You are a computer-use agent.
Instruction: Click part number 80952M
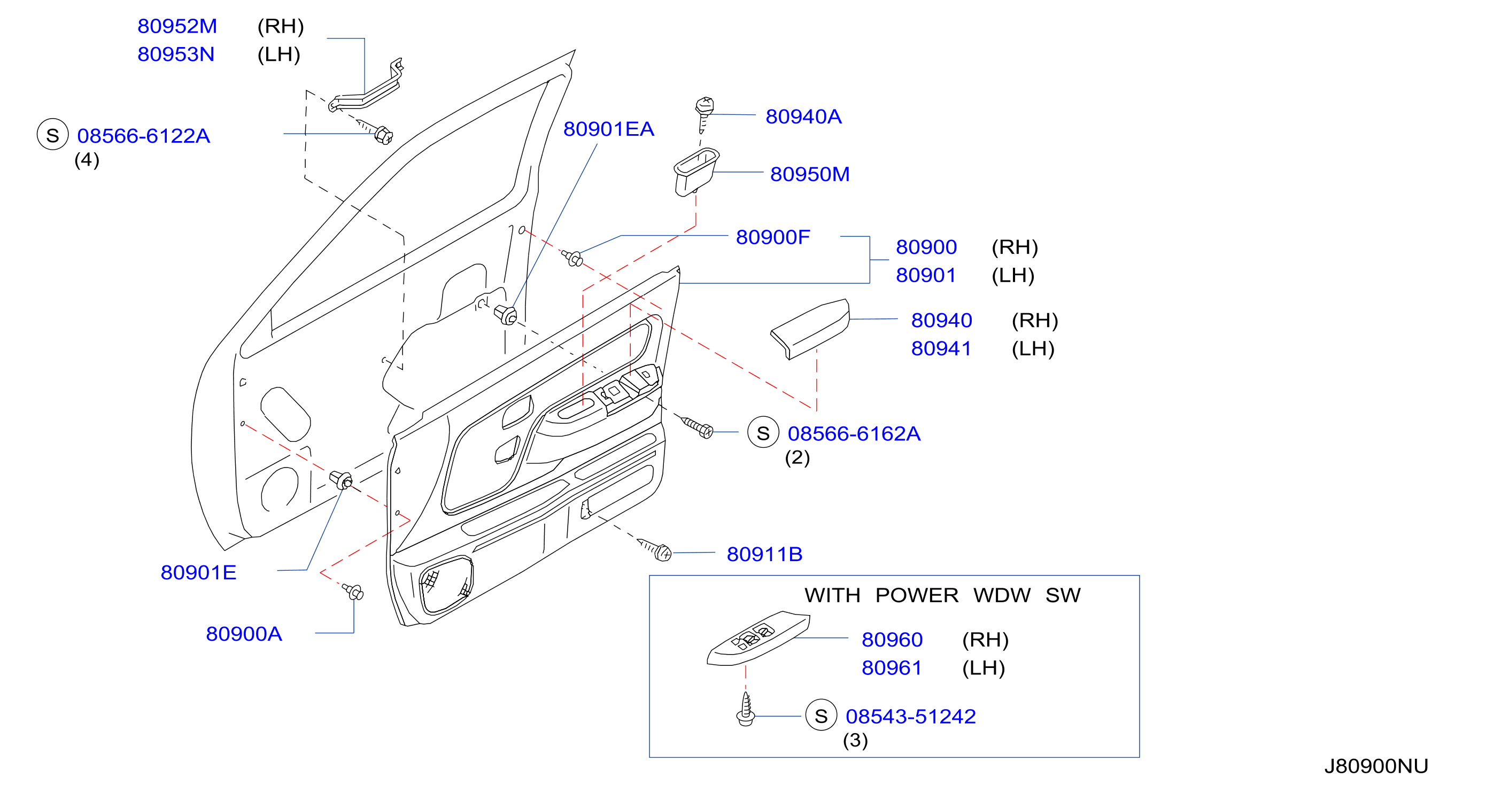(x=177, y=26)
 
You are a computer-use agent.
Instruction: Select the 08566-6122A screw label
(x=143, y=136)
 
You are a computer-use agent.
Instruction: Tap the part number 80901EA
(x=609, y=129)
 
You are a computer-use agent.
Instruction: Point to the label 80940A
(x=803, y=116)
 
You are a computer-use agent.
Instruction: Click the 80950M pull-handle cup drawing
(x=696, y=172)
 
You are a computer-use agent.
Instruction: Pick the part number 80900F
(x=773, y=237)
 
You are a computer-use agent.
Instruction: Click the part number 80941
(x=941, y=348)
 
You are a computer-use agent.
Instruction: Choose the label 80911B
(x=764, y=554)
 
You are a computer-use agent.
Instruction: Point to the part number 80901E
(x=198, y=573)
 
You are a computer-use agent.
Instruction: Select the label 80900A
(x=244, y=634)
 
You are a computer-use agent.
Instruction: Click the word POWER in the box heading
(x=917, y=595)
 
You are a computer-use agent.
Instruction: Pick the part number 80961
(x=892, y=668)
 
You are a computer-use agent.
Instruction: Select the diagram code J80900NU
(x=1376, y=766)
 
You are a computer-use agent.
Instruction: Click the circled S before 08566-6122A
(x=52, y=134)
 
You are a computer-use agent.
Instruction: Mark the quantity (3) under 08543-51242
(x=855, y=740)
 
